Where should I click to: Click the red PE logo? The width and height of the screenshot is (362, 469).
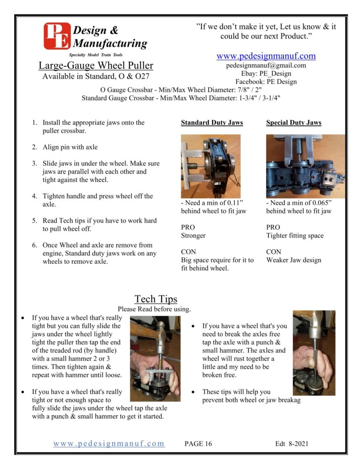pos(57,36)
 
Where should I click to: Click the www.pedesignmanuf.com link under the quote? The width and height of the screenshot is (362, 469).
pos(266,56)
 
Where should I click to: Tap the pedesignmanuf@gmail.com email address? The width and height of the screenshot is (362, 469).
pos(266,65)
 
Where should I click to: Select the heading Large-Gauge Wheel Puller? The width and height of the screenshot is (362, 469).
pos(96,65)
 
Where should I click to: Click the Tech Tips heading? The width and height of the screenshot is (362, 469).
pos(156,299)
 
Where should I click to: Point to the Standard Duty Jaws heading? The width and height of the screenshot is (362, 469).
pos(212,123)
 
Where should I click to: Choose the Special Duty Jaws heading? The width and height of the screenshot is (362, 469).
pos(294,123)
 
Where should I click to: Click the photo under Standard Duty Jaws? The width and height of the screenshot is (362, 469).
pos(211,166)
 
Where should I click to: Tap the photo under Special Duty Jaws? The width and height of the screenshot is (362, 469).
pos(305,166)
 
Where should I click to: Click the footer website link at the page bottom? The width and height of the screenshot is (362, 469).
pos(109,443)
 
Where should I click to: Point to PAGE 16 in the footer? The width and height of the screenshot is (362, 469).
pos(198,443)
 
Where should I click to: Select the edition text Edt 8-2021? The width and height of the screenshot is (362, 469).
pos(292,443)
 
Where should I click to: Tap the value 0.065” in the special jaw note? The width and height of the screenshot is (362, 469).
pos(319,203)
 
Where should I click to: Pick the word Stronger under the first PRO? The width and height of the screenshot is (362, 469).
pos(193,235)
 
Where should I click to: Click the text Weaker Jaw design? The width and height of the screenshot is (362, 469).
pos(294,260)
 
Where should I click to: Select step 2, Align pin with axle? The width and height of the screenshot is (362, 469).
pos(70,147)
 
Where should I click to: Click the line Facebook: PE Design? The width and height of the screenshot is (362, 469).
pos(266,82)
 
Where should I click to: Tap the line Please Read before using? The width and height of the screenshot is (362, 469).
pos(154,309)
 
